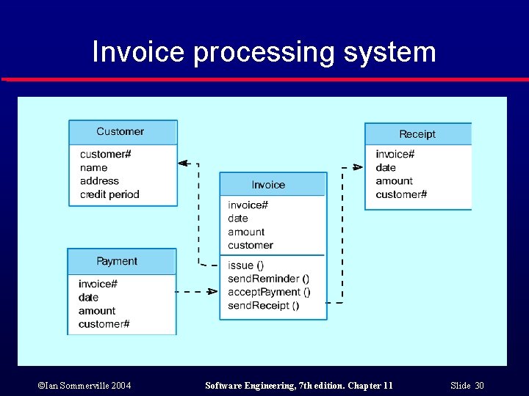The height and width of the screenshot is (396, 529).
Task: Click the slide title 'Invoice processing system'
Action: tap(264, 52)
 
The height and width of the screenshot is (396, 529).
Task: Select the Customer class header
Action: tap(123, 132)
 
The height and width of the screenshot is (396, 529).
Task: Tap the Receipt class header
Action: tap(417, 134)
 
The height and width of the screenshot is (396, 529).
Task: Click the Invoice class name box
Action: tap(273, 185)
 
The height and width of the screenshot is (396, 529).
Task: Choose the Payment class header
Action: tap(121, 262)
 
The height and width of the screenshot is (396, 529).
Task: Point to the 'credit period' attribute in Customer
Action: tap(109, 194)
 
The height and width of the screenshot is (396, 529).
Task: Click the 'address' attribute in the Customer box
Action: tap(99, 181)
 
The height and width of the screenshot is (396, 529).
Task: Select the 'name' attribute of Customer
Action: tap(93, 168)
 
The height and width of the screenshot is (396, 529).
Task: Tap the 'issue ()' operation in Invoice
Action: tap(245, 265)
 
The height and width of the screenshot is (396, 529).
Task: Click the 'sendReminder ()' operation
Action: tap(268, 279)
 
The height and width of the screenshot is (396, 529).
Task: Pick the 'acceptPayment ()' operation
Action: tap(269, 292)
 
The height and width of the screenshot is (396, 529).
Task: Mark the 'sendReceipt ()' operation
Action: tap(263, 305)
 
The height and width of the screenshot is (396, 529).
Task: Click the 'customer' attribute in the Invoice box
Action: tap(250, 245)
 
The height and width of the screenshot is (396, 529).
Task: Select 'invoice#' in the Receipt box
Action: tap(395, 154)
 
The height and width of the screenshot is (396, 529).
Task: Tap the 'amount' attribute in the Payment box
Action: tap(97, 311)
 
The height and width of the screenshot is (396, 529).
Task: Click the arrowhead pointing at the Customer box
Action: tap(184, 164)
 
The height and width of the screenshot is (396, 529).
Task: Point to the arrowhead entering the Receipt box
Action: tap(358, 167)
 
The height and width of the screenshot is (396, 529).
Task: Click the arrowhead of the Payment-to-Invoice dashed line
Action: tap(212, 292)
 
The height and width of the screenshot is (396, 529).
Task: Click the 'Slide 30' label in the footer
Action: tap(468, 386)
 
